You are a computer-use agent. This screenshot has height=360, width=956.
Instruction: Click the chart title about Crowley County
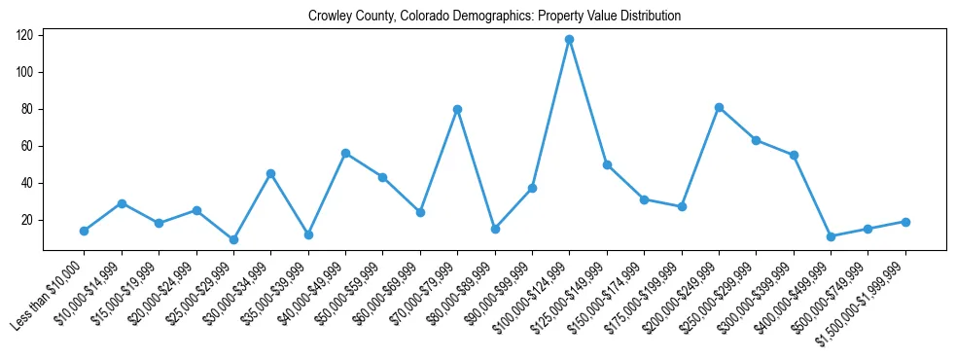click(494, 17)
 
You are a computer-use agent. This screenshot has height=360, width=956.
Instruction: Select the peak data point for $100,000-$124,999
click(569, 40)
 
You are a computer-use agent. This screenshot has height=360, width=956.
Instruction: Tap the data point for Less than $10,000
click(84, 231)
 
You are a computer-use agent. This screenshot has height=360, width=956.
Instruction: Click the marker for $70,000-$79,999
click(457, 109)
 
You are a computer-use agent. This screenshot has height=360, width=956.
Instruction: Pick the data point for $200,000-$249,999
click(719, 107)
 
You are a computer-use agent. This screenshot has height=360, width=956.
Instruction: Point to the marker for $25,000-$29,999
click(233, 239)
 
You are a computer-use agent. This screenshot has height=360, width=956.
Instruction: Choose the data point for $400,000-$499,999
click(831, 236)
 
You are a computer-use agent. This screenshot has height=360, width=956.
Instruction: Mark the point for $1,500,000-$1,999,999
click(905, 222)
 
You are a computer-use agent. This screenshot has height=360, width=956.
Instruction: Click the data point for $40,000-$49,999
click(345, 154)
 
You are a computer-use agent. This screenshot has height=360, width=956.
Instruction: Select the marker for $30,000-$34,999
click(270, 174)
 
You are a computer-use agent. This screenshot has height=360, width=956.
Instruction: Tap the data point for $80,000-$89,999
click(495, 229)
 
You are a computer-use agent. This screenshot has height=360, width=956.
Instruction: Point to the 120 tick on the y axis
click(25, 35)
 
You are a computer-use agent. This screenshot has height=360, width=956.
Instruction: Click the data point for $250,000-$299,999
click(756, 140)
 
